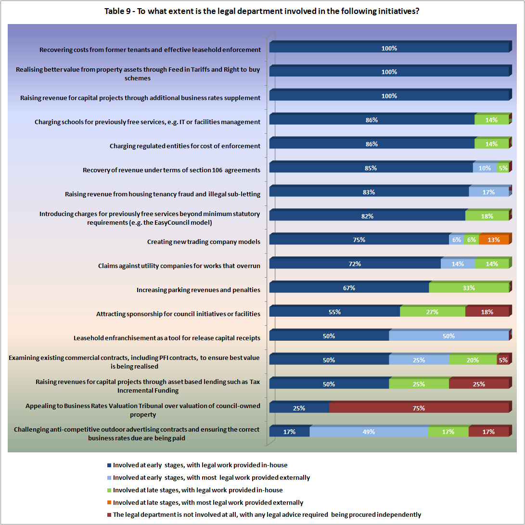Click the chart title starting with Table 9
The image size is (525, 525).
(x=262, y=11)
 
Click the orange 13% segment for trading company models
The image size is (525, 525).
(x=494, y=240)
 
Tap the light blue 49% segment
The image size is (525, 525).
(x=369, y=432)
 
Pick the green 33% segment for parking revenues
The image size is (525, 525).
(x=469, y=288)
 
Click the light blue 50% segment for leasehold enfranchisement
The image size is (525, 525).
(x=448, y=336)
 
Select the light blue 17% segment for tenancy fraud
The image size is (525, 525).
(x=488, y=192)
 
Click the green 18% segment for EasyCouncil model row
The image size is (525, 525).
(x=487, y=216)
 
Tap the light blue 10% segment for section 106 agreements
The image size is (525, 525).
(x=485, y=168)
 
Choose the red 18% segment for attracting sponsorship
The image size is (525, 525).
(x=487, y=312)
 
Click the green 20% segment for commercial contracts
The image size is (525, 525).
(x=473, y=360)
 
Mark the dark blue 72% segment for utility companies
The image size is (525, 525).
(x=355, y=264)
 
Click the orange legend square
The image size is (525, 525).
(x=109, y=503)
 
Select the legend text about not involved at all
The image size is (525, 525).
(x=267, y=515)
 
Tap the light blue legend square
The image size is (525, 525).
(x=109, y=478)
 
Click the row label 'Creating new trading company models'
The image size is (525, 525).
(x=204, y=242)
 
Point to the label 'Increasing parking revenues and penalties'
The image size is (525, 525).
(x=198, y=290)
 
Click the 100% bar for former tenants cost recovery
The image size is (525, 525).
(x=389, y=48)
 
